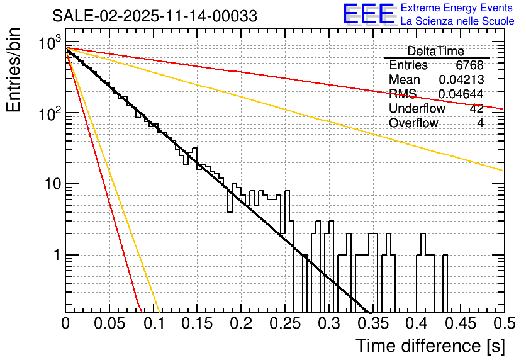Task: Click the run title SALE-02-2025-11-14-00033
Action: [155, 16]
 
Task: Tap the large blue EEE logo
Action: [368, 15]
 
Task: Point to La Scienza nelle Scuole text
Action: [457, 21]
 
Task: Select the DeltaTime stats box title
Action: [436, 51]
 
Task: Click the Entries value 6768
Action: [469, 65]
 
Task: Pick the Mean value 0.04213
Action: [461, 80]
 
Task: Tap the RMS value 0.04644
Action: [461, 94]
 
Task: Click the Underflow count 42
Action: [476, 108]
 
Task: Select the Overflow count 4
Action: [480, 123]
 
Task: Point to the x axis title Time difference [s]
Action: [428, 346]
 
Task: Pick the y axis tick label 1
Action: [55, 256]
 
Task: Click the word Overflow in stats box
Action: [413, 123]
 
